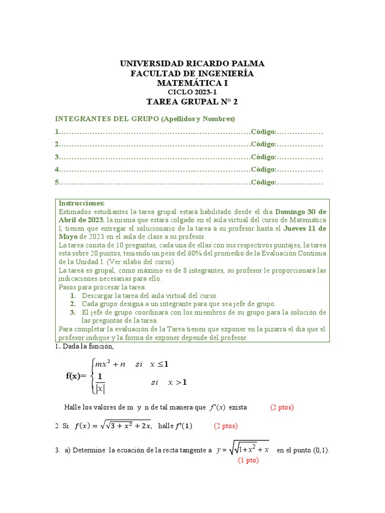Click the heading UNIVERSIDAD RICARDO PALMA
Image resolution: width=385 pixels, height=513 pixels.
[x=192, y=64]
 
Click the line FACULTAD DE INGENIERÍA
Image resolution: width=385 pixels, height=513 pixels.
[x=192, y=74]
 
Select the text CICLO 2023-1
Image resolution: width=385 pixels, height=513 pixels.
[x=192, y=92]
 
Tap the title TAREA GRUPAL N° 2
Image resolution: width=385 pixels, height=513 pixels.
[x=192, y=102]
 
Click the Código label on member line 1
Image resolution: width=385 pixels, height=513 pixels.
[x=264, y=132]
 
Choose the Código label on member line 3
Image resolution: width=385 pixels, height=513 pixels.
[x=264, y=157]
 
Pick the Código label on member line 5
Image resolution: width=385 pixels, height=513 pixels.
[x=264, y=182]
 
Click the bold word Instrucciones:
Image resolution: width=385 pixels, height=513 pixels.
[x=82, y=203]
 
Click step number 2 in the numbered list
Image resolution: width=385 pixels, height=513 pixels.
[x=73, y=304]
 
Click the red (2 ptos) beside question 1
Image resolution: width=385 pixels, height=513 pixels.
[x=282, y=407]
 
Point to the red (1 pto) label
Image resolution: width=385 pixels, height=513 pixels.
[x=248, y=460]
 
